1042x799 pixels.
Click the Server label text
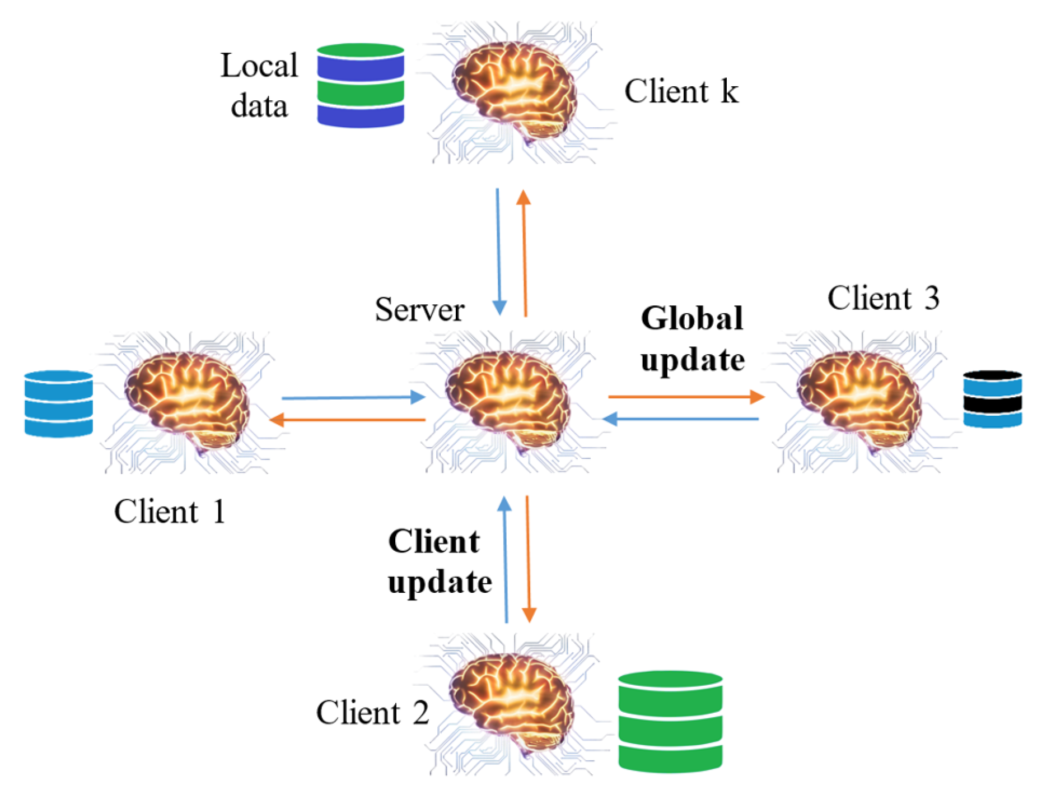419,309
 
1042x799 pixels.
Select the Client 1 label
170,511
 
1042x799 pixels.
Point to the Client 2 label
372,713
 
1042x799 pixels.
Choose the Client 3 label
883,298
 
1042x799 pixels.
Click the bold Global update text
693,338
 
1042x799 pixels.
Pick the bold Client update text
440,561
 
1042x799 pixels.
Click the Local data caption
259,85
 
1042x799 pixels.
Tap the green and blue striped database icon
361,85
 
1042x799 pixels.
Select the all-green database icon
670,722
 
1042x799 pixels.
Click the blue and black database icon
992,399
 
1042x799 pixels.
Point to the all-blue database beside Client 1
59,403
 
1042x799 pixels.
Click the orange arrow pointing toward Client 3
686,397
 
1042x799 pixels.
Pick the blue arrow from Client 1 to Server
353,398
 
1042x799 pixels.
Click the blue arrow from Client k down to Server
498,252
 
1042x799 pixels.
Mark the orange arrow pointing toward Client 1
347,420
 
